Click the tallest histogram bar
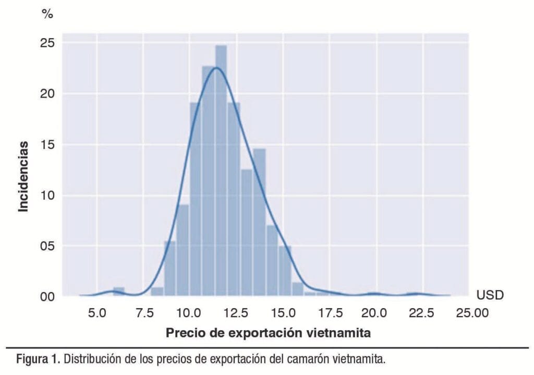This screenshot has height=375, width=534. coord(221,167)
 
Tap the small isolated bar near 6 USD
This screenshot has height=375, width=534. coord(119,292)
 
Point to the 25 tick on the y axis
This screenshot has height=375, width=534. coord(47,43)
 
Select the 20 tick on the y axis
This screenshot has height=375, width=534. coord(47,94)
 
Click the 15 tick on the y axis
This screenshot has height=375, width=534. coord(47,144)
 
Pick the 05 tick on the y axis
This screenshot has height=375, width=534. coord(47,246)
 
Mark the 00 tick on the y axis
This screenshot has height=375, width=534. coord(47,296)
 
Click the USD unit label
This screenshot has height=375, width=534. coord(490,296)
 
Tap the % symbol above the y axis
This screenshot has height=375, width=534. coord(47,15)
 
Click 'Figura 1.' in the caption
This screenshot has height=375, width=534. coord(38,360)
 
